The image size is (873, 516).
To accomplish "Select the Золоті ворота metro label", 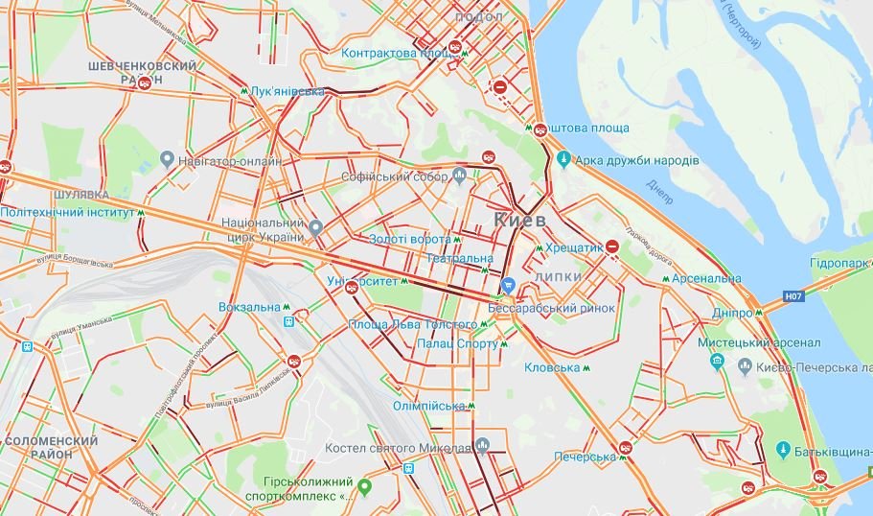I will coord(409,239).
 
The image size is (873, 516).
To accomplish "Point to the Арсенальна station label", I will coord(706,278).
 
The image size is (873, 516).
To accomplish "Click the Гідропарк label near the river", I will coord(839,263).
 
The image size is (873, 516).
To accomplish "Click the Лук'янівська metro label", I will coord(287,92).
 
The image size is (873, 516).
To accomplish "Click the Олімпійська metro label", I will coord(428,406).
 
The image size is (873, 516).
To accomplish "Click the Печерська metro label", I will coord(583,457).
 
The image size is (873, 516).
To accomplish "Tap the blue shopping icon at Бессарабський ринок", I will coord(509,285).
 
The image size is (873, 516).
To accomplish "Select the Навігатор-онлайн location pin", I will coord(168,159).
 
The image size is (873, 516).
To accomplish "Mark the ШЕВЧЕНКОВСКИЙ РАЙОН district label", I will coord(142,73).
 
